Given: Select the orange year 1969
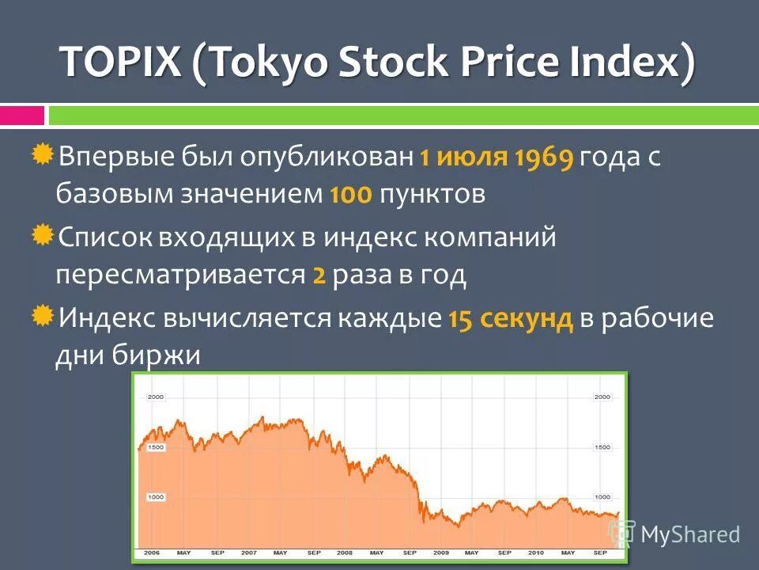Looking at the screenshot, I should (543, 158).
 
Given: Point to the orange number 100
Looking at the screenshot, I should (350, 196).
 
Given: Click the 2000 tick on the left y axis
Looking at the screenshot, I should (155, 397).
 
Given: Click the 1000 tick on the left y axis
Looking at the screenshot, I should (155, 497).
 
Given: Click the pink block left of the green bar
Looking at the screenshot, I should (22, 116).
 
